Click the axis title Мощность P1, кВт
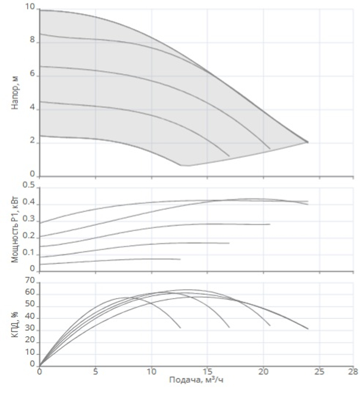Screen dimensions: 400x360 click(x=15, y=228)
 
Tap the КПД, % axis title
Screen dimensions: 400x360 click(x=15, y=323)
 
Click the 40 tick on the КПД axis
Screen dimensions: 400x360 click(x=30, y=318)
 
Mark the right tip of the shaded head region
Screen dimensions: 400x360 click(x=308, y=142)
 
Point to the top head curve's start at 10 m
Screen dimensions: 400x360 click(x=40, y=10)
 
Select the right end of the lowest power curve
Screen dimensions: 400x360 click(x=180, y=259)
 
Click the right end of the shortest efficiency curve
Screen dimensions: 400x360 click(x=180, y=328)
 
